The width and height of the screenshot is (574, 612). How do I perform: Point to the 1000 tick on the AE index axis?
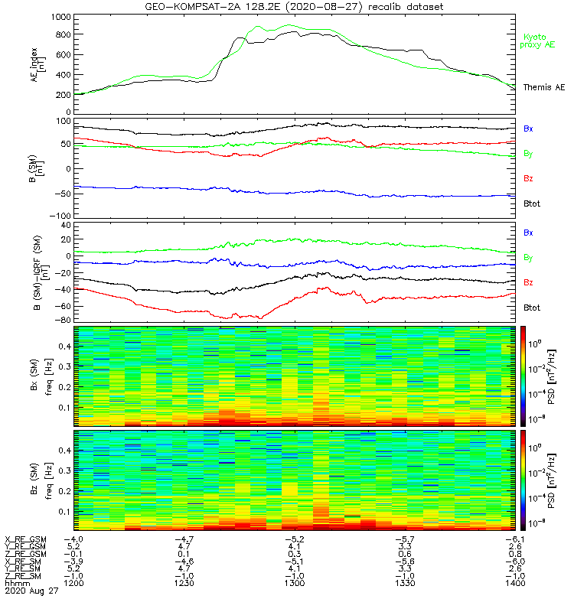point(57,17)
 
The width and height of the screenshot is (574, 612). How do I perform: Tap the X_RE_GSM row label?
point(24,538)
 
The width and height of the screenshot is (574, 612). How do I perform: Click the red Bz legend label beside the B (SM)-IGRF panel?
point(528,283)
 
